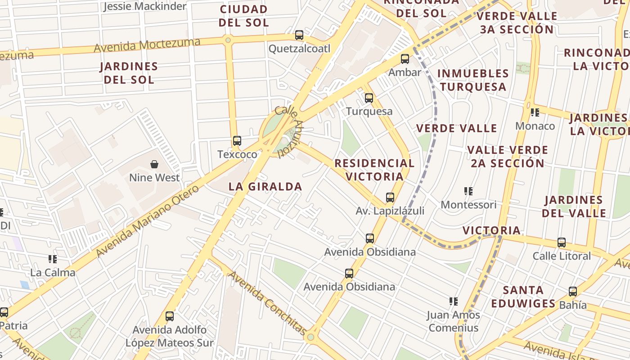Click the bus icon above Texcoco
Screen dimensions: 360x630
(237, 141)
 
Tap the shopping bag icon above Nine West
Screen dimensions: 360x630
(154, 164)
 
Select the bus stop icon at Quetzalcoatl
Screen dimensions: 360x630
(299, 35)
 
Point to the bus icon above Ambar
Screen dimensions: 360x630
(405, 59)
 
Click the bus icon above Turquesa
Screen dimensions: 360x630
(369, 98)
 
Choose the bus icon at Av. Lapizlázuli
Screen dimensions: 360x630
(390, 198)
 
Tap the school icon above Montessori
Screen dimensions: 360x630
(468, 191)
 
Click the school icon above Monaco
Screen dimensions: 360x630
(535, 112)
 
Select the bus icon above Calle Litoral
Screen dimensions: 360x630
(562, 243)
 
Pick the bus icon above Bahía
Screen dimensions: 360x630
(572, 292)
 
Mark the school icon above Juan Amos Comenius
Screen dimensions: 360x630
(454, 301)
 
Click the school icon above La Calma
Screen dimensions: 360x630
(53, 259)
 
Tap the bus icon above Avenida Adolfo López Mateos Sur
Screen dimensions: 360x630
(170, 316)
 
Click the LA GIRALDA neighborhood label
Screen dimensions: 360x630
(265, 187)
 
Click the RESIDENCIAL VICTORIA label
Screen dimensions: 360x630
(374, 170)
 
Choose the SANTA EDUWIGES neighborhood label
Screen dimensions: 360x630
(523, 297)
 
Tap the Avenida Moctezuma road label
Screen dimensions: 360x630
(147, 45)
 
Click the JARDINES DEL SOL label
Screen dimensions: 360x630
(129, 73)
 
